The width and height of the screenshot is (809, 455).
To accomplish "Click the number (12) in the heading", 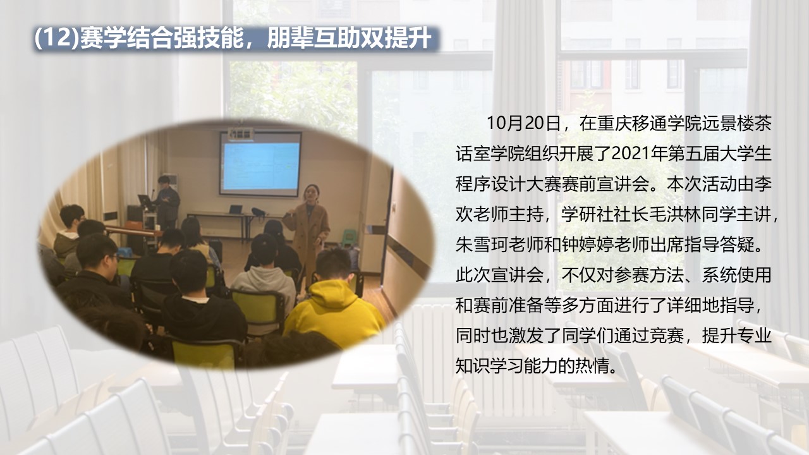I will point(56,39).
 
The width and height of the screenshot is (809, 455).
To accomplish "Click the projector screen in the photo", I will point(260,165).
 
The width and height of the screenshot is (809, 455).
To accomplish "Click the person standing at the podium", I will point(167,201).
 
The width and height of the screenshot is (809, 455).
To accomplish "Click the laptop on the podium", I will point(145,201).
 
